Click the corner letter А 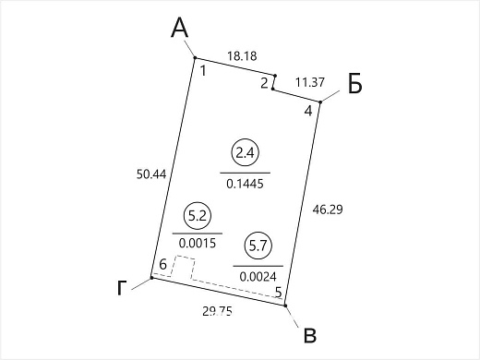click(180, 28)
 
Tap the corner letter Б click(355, 83)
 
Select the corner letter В click(310, 336)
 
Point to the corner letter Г click(122, 288)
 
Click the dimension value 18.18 click(242, 56)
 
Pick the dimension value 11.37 click(310, 82)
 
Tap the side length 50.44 click(151, 174)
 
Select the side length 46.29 click(328, 210)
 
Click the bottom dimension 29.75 click(217, 311)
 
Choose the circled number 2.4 click(245, 152)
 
